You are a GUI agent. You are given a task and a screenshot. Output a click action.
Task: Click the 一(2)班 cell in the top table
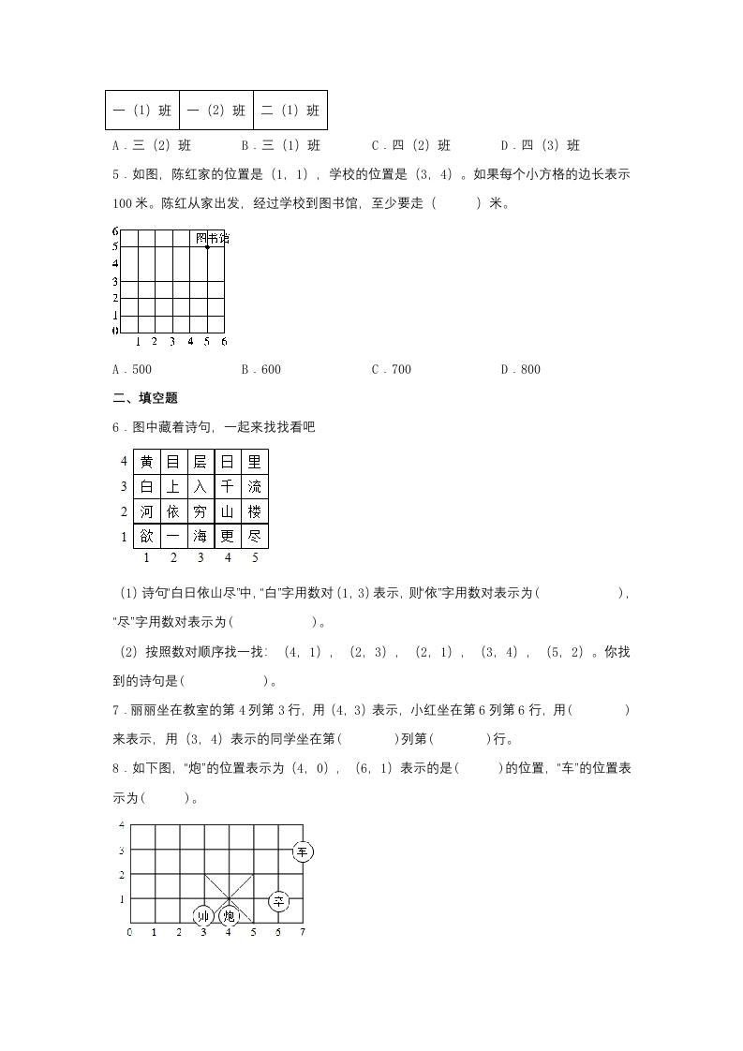[216, 111]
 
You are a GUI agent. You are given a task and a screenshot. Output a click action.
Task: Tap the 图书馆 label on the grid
[212, 239]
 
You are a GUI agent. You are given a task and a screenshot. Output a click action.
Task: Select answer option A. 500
[132, 369]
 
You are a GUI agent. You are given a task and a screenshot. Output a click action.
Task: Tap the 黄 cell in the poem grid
[147, 461]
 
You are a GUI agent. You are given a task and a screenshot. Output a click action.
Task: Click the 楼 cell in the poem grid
[255, 511]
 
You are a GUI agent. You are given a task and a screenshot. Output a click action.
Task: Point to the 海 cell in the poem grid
[201, 537]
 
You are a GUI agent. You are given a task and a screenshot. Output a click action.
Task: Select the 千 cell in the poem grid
[228, 486]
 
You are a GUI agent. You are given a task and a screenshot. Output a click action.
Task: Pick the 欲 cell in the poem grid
[147, 537]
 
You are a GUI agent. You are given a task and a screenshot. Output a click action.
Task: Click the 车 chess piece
[302, 851]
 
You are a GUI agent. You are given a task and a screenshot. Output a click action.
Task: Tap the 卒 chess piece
[278, 901]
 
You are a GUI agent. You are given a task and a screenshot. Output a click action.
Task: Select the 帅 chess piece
[203, 915]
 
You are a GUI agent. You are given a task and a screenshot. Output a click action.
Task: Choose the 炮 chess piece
[229, 915]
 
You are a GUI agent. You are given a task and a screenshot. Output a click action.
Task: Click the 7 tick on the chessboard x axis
[302, 932]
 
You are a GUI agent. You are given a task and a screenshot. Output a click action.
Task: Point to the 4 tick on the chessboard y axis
[121, 825]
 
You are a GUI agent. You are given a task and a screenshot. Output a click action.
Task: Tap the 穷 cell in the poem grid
[201, 511]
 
